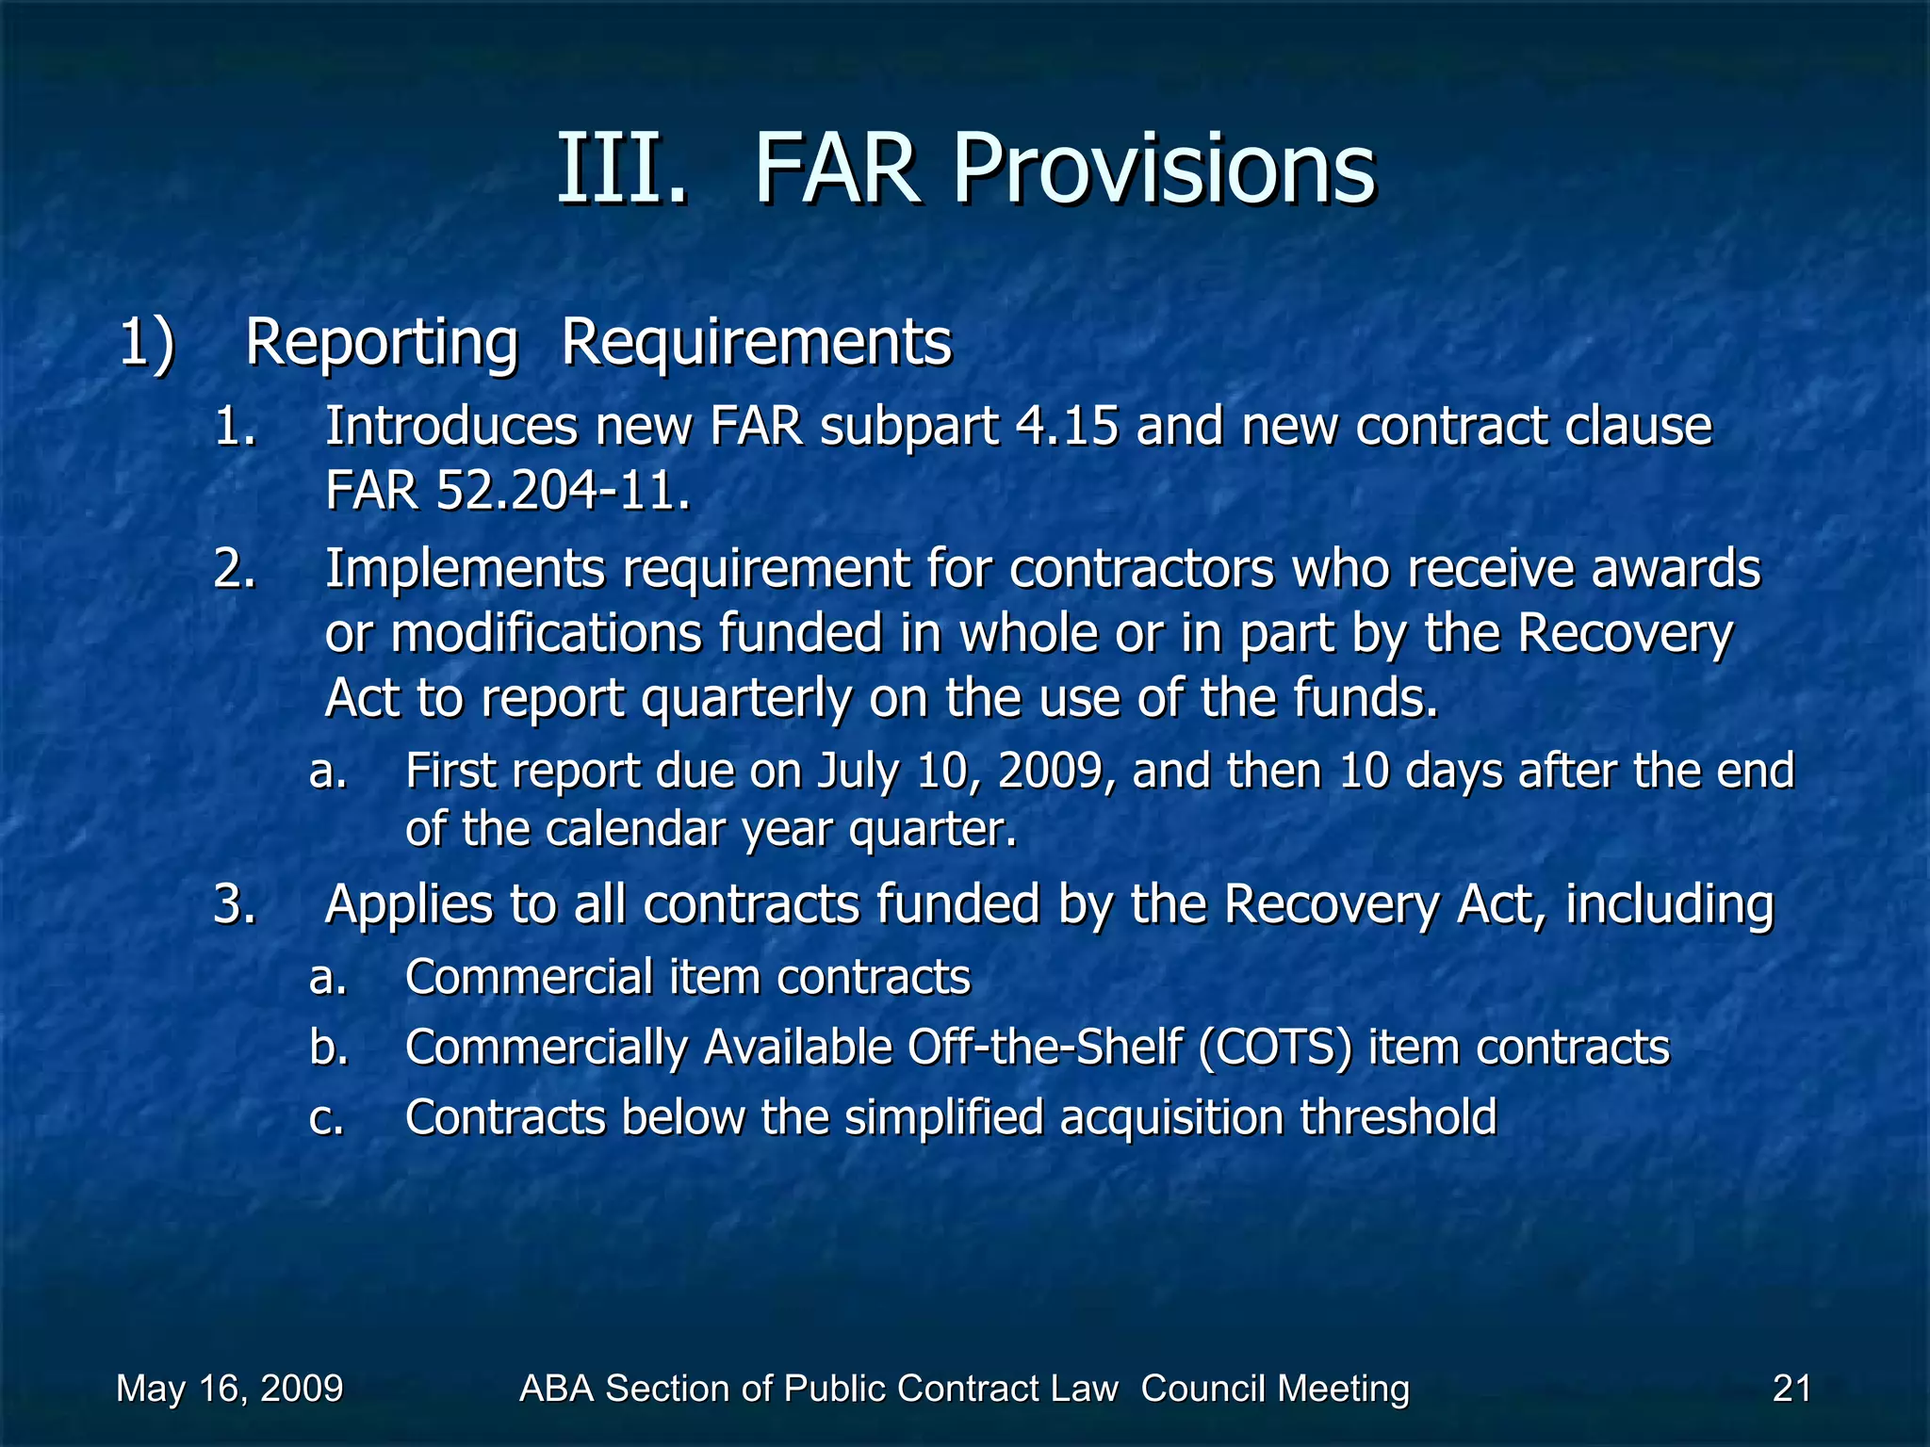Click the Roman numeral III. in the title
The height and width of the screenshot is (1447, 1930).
pos(622,170)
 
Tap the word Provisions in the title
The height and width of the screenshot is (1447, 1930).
pos(1164,170)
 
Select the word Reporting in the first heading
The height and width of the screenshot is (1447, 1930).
pos(381,343)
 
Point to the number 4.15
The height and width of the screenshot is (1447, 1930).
pos(1067,426)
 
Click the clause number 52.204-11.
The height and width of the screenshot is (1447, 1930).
pos(563,491)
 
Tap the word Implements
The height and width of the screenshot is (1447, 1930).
pos(465,570)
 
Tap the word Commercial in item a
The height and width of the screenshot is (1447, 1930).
pos(529,977)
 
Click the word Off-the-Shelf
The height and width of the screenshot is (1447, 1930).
pos(1044,1048)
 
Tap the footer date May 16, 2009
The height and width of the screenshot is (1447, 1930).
pos(229,1389)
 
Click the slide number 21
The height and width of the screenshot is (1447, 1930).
pos(1791,1389)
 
